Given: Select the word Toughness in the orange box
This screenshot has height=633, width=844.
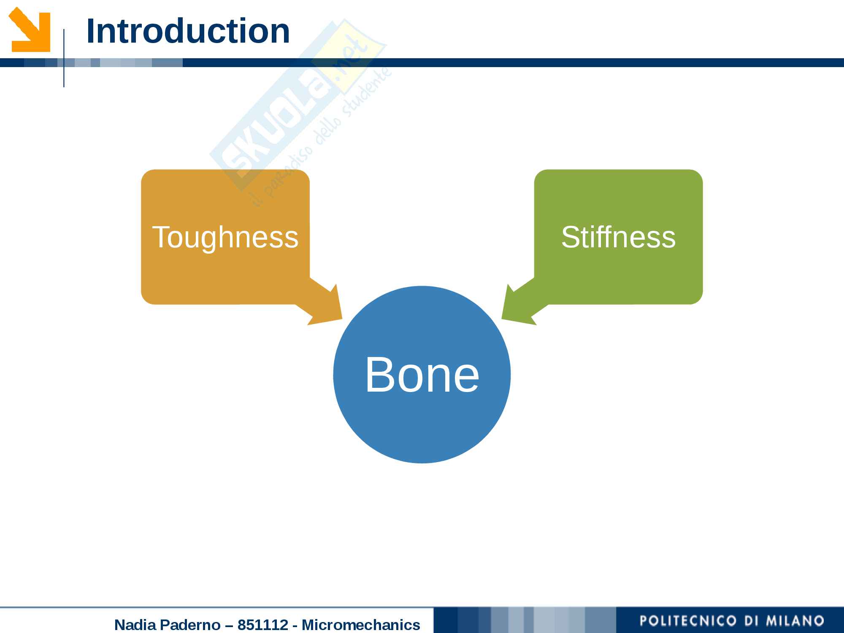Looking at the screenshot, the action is [225, 237].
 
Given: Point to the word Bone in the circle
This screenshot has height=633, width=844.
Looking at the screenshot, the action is [422, 374].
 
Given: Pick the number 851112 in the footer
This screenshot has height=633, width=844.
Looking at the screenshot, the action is [262, 625].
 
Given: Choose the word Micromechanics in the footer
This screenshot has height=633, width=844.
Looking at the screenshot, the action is [361, 625].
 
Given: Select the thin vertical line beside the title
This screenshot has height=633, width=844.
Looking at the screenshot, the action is [64, 58].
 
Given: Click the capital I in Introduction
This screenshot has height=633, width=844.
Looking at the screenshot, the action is [89, 31].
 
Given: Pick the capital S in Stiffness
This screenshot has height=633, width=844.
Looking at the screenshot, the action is [571, 237].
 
